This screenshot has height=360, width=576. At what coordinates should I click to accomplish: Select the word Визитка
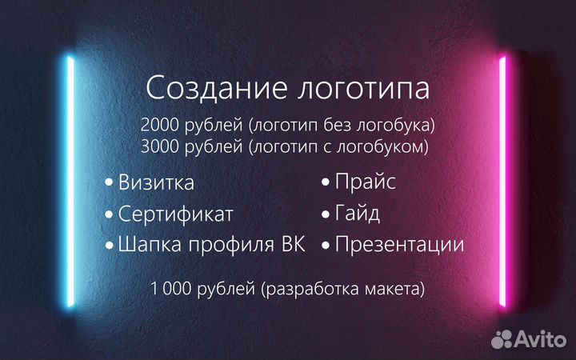[156, 182]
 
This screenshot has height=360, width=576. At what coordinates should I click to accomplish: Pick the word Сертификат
[176, 214]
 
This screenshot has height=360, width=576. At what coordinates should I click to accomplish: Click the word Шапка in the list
[146, 245]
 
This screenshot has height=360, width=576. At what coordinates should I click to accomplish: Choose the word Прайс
[365, 182]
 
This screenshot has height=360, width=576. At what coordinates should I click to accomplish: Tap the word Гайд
[358, 214]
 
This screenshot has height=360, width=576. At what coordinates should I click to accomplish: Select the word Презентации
[399, 245]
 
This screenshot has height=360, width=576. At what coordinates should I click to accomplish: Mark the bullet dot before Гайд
[326, 214]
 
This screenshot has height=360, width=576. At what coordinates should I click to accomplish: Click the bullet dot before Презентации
[326, 245]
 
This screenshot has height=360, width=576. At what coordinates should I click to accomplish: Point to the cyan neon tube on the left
[71, 180]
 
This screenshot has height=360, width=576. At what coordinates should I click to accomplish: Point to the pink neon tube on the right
[503, 180]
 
